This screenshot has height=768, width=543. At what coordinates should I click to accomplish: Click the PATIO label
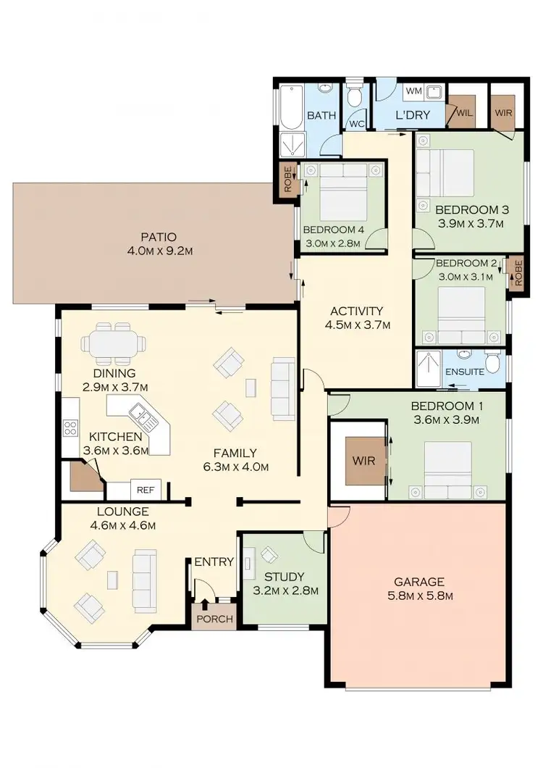[x=159, y=237]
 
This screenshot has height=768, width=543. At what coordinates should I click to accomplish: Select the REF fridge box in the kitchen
[x=146, y=491]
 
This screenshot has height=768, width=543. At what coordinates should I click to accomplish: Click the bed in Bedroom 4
[x=342, y=191]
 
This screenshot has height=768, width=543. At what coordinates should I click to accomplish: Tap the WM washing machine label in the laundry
[x=413, y=91]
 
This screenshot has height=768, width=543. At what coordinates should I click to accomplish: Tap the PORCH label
[x=215, y=619]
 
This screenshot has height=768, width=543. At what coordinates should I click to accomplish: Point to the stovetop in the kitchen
[x=70, y=427]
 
